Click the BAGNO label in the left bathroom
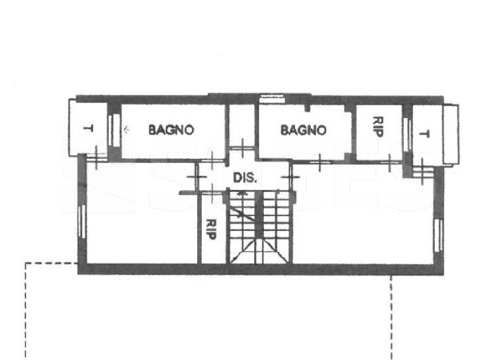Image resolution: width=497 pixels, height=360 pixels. click(171, 130)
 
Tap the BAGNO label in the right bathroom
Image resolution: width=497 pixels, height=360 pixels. click(304, 131)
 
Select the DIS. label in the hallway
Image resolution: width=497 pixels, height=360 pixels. click(245, 178)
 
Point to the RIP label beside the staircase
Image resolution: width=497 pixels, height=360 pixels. click(211, 229)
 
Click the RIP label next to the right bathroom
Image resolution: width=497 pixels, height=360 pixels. click(378, 126)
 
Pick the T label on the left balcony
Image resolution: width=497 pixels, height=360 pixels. click(88, 128)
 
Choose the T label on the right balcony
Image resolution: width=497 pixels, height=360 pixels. click(424, 133)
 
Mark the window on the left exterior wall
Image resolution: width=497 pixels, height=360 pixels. click(82, 221)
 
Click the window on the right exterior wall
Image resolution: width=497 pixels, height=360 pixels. click(439, 235)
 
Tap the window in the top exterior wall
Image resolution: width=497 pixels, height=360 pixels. click(272, 99)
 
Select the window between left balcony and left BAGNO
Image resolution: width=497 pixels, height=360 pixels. click(114, 130)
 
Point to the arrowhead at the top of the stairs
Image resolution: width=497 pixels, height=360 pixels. click(242, 192)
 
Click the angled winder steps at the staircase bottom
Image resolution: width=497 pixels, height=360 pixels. click(259, 251)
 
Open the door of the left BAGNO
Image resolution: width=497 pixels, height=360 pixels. click(211, 161)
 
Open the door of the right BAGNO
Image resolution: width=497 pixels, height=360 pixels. click(320, 162)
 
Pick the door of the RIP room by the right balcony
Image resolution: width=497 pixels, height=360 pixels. click(389, 162)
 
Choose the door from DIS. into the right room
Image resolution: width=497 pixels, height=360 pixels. click(290, 177)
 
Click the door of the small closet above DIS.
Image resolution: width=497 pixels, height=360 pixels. click(242, 148)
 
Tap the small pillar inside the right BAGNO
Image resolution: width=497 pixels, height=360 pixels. click(307, 108)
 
